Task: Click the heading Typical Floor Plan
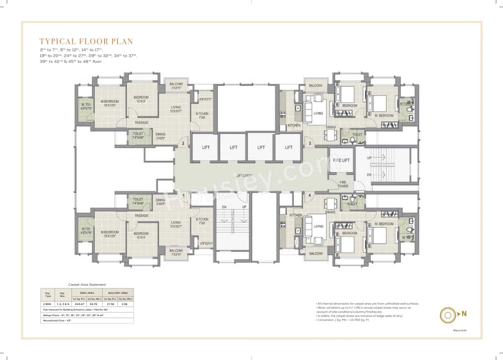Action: pos(86,41)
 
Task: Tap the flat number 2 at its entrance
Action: pos(183,144)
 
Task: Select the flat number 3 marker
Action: pos(310,143)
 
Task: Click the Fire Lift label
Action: pos(341,160)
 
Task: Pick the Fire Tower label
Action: pos(343,184)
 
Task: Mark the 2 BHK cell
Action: pos(48,304)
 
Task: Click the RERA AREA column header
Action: pos(87,293)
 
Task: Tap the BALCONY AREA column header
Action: pos(118,293)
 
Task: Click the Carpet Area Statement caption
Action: pos(87,285)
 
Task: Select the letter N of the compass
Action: pos(464,314)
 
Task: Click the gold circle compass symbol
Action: pos(447,314)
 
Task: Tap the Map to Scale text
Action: pos(460,331)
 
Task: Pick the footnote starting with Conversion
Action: pos(343,320)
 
